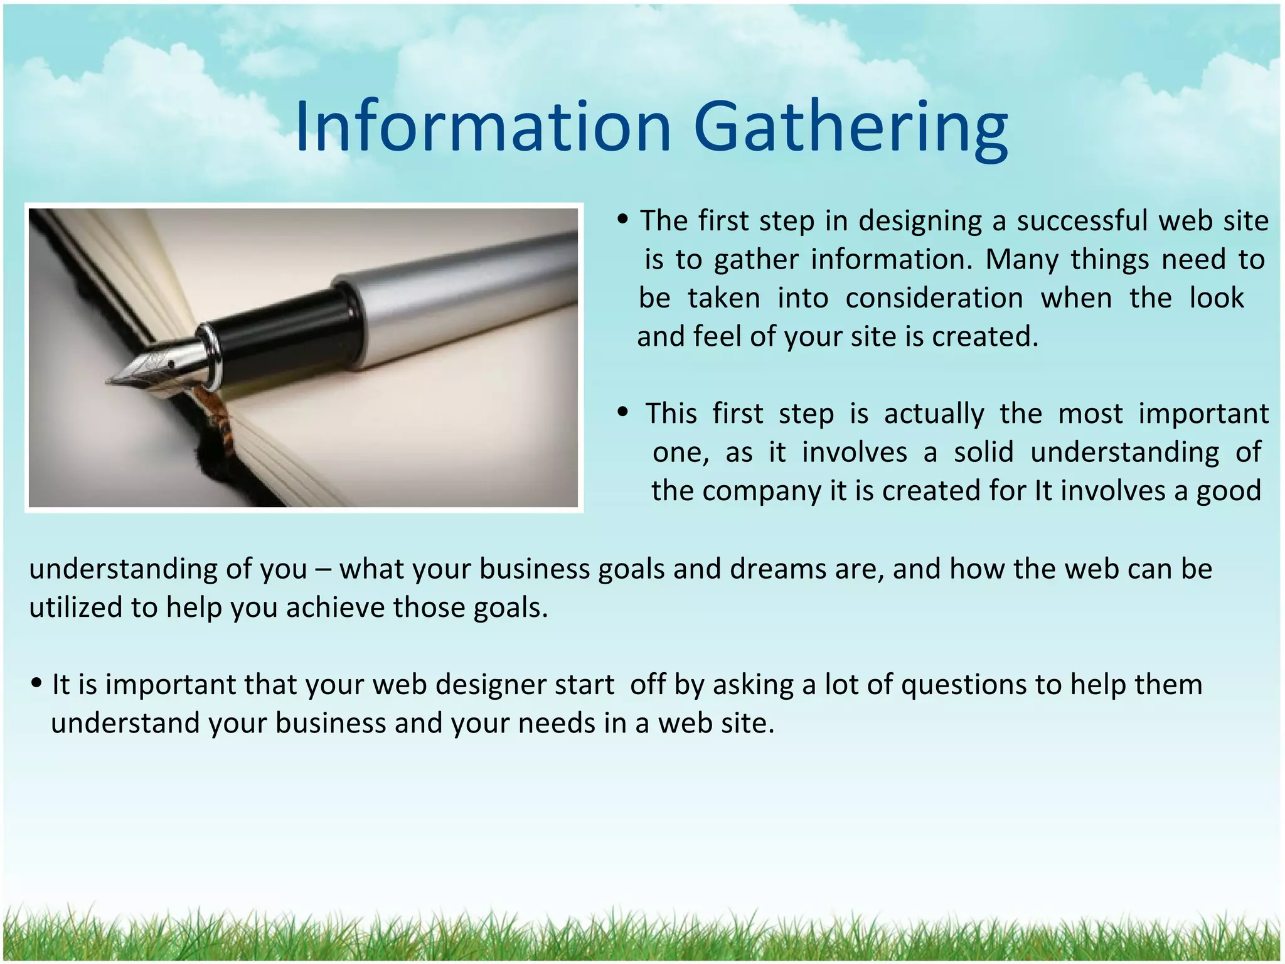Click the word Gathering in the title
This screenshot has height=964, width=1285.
coord(851,129)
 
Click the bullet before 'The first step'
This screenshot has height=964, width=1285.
coord(622,220)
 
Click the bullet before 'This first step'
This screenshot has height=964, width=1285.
coord(622,412)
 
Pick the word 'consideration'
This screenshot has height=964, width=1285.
coord(934,298)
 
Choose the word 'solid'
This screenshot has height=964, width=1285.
coord(983,453)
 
